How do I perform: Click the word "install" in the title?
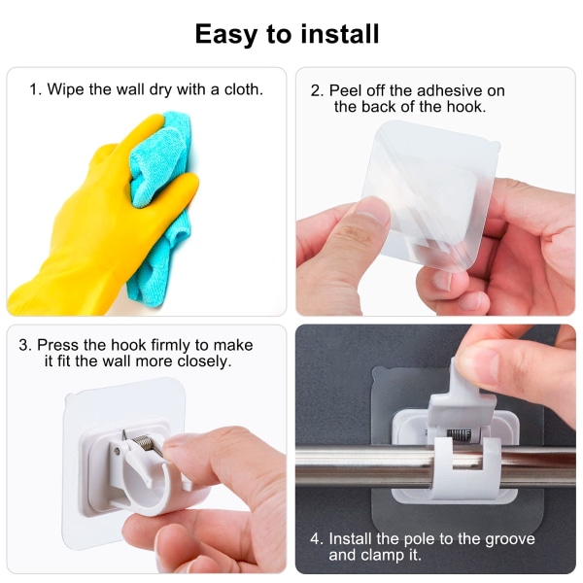click(x=340, y=34)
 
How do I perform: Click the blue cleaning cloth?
click(x=160, y=201)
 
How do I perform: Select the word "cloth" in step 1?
click(x=243, y=89)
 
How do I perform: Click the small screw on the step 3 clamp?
click(x=118, y=451)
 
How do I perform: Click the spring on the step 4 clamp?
click(x=459, y=434)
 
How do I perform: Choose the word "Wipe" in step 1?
click(x=65, y=89)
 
